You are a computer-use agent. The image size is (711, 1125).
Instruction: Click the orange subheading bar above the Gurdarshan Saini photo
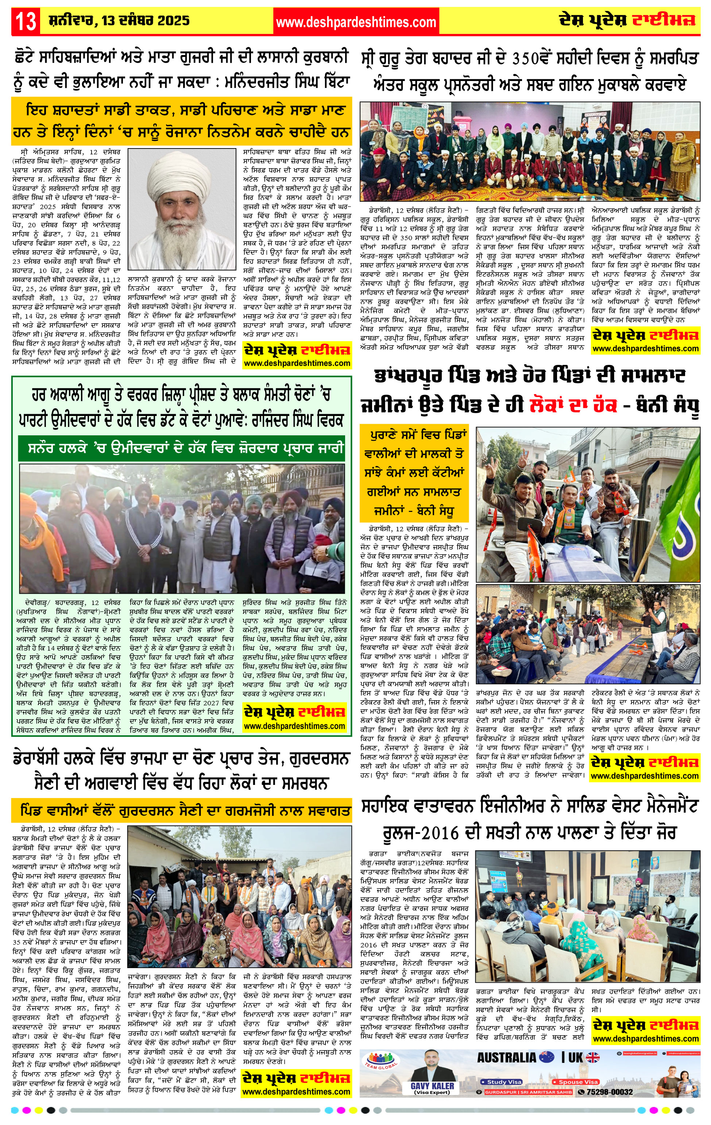[x=182, y=810]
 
